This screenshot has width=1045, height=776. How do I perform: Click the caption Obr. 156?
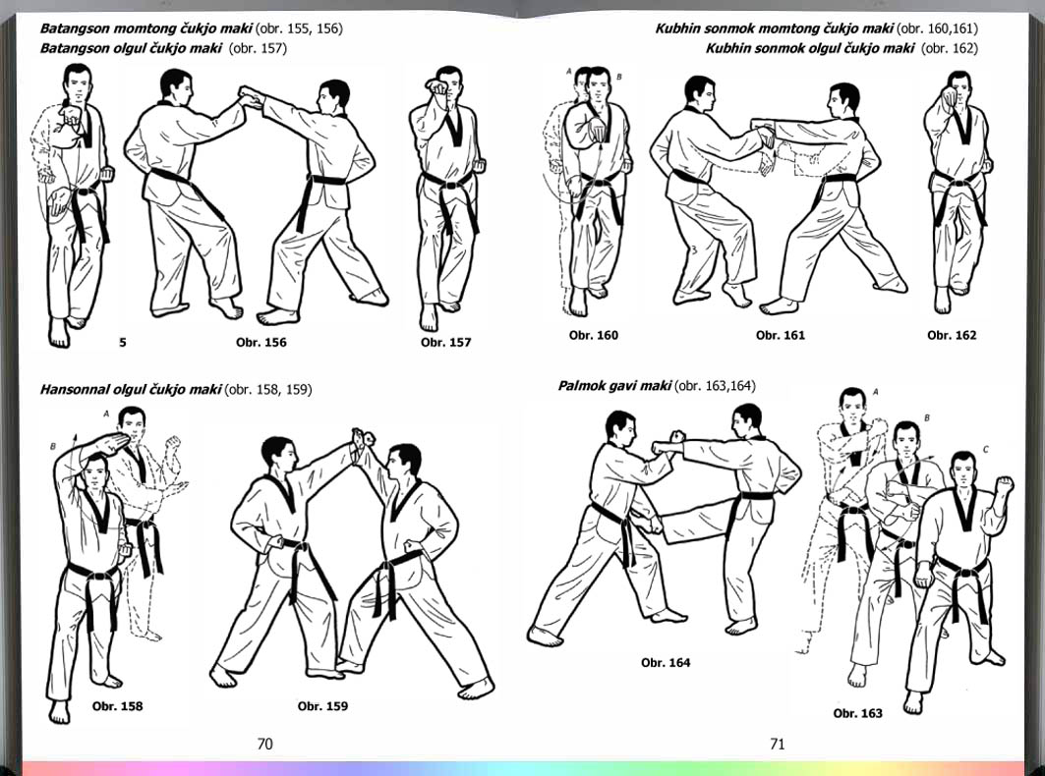(x=261, y=343)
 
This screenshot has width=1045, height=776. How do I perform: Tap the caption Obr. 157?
(x=446, y=343)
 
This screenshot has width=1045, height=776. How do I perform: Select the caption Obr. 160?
(x=593, y=335)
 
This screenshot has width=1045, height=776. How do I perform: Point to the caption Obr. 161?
(x=780, y=335)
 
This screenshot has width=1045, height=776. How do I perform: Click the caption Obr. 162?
(x=951, y=335)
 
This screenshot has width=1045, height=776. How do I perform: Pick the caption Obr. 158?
(x=117, y=706)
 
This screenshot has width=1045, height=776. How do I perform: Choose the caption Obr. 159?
(x=322, y=706)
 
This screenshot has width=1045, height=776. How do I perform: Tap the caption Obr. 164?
(x=666, y=663)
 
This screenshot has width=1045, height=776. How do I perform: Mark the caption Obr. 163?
(x=857, y=713)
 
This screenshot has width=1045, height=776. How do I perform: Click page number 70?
(x=264, y=744)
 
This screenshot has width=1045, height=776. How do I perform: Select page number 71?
(x=777, y=744)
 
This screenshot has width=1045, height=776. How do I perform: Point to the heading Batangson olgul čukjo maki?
(x=131, y=49)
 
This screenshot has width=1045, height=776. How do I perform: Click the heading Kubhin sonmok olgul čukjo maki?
(x=810, y=49)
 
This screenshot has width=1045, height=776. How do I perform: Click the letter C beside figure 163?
(x=986, y=450)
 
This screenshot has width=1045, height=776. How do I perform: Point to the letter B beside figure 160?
(x=618, y=78)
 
